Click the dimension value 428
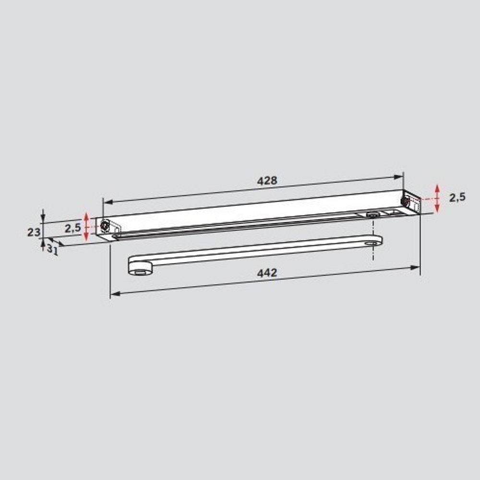coord(267,180)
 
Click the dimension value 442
coord(267,273)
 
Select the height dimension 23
coord(34,232)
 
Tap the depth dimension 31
coord(52,250)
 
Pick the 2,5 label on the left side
coord(73,228)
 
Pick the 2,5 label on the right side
coord(457,197)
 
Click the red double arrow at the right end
coord(437,198)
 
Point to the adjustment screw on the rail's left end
coord(105,226)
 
